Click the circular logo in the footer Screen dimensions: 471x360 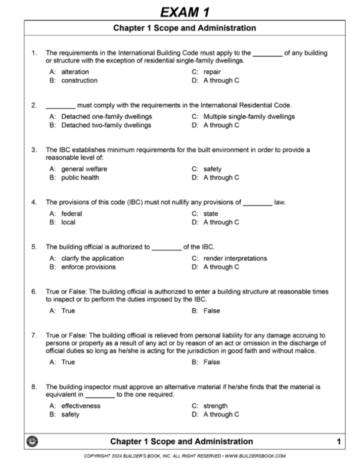(31, 441)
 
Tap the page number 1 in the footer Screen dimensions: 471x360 (338, 442)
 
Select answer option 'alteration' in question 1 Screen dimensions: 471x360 (75, 72)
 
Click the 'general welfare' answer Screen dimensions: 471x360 (84, 169)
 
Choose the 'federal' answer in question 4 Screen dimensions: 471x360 (71, 214)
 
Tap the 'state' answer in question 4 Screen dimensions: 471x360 (211, 214)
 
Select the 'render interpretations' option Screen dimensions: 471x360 (235, 258)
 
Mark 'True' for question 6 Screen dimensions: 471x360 (68, 311)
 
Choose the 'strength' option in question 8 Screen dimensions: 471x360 (215, 406)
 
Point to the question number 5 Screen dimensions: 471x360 (34, 247)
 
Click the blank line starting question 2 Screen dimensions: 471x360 (60, 106)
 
